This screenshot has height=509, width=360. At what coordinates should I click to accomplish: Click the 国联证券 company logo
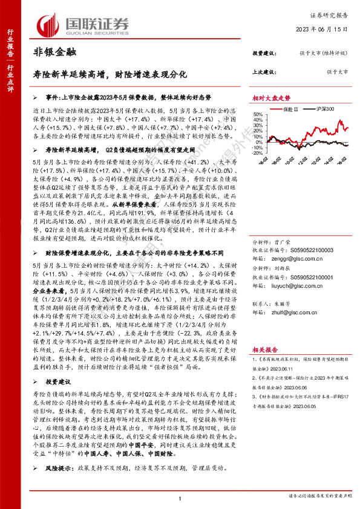click(84, 25)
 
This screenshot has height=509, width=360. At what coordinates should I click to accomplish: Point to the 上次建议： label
click(264, 72)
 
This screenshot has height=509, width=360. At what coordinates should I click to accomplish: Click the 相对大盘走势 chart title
click(271, 97)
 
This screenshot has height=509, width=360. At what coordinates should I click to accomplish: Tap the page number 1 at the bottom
click(180, 498)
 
